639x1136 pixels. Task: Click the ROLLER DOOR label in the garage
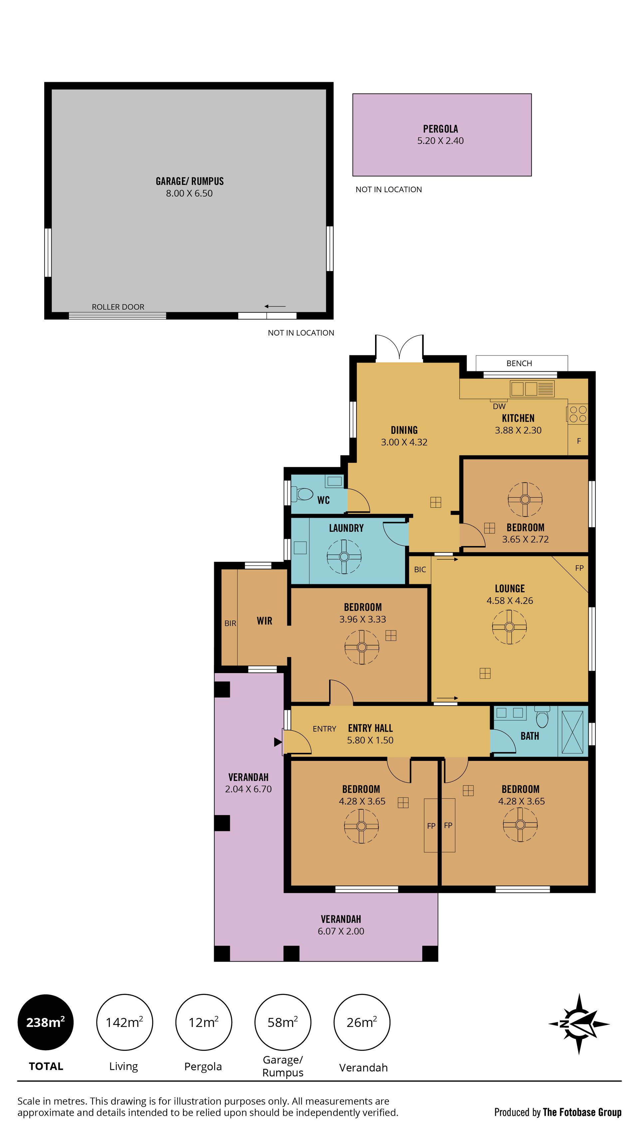[x=118, y=307]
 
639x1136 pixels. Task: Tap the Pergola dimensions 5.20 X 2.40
[x=440, y=141]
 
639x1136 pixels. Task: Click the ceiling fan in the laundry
[x=344, y=557]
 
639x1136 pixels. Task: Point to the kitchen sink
[x=532, y=388]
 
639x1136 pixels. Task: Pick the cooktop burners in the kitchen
[x=578, y=414]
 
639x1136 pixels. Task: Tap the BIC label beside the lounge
[x=420, y=569]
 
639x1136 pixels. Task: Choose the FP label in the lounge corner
[x=579, y=568]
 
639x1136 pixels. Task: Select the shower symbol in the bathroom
[x=572, y=732]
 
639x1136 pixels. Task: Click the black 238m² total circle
[x=46, y=1022]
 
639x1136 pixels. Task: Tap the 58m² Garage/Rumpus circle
[x=283, y=1022]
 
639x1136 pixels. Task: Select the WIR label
[x=264, y=621]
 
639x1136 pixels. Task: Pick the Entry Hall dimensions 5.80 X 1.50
[x=370, y=740]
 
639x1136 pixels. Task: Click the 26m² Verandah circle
[x=362, y=1022]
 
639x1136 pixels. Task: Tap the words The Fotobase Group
[x=582, y=1112]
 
